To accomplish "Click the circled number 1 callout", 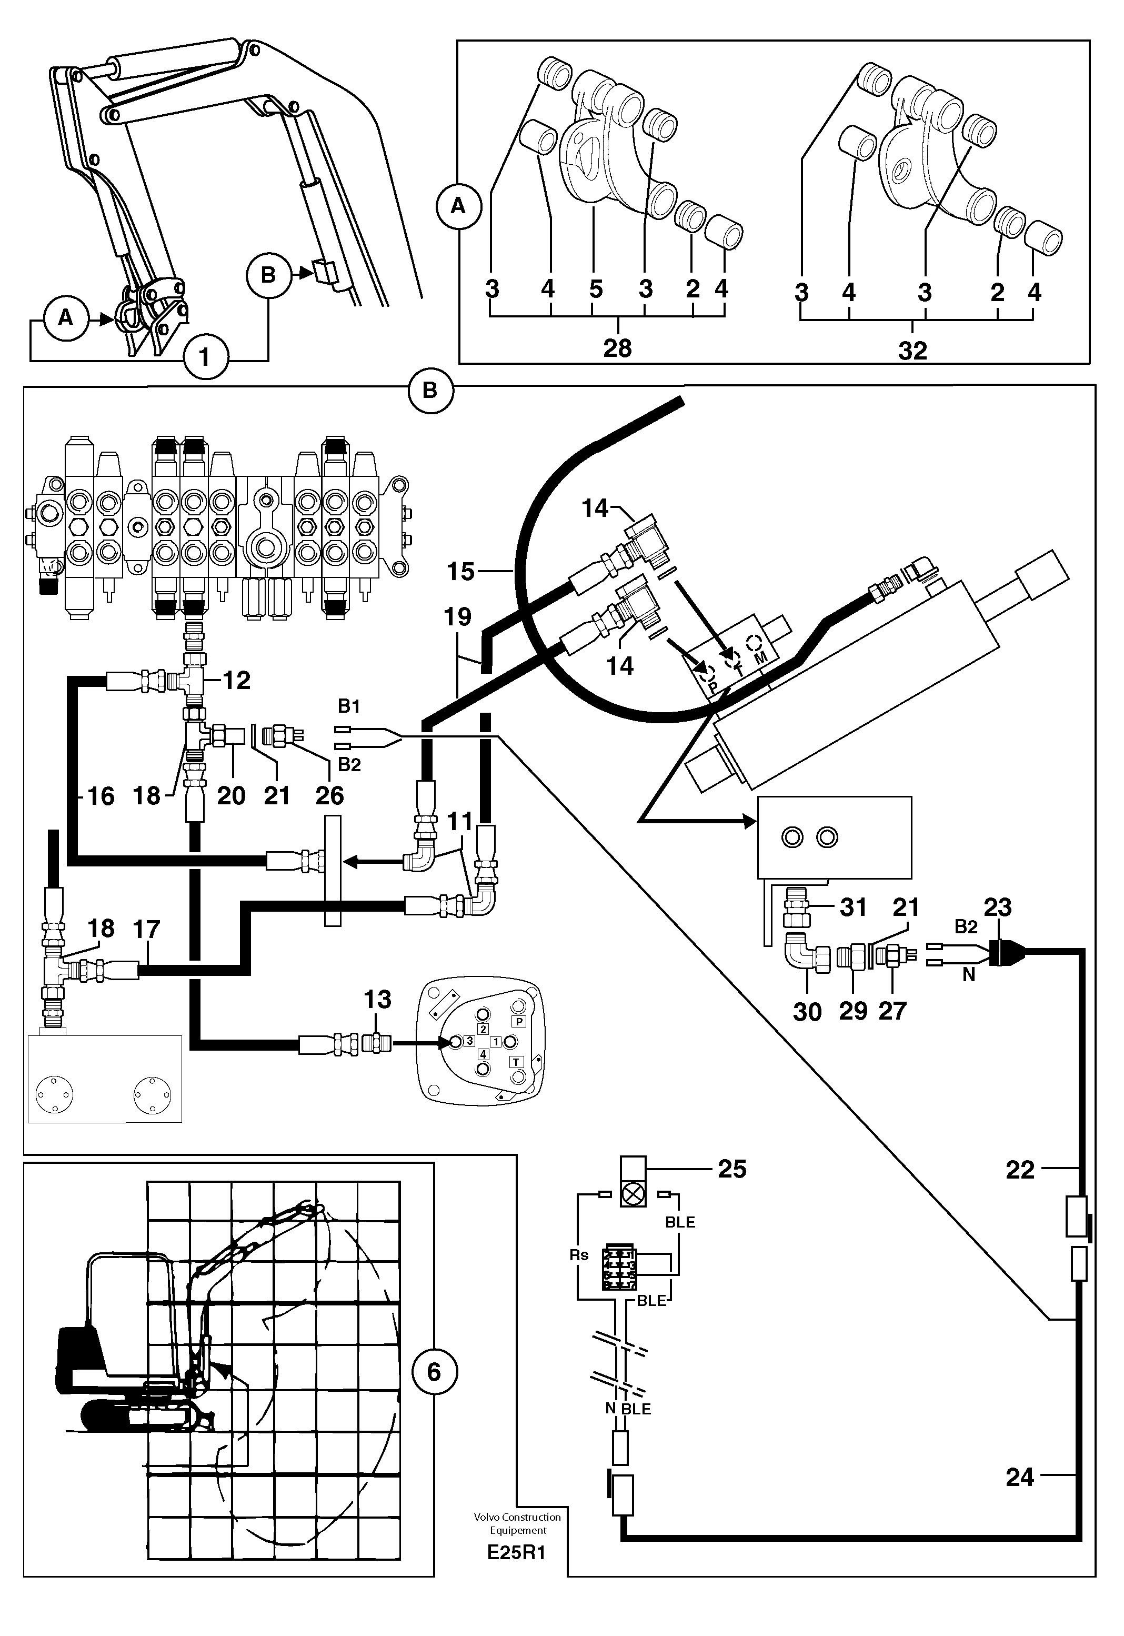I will pos(204,357).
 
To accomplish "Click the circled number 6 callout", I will pos(434,1371).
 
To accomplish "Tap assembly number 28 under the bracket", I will pos(618,348).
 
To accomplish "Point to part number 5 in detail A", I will pos(596,289).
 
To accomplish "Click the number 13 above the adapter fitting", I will pos(377,999).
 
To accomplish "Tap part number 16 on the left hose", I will pos(100,796).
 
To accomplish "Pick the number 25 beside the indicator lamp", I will pos(732,1169).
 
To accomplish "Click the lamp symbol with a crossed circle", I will pos(633,1193).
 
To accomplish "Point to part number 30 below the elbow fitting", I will pos(807,1012).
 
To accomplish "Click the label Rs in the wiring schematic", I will pos(579,1255).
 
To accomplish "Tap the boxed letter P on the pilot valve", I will pos(519,1021).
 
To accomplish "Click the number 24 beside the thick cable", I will pos(1019,1476).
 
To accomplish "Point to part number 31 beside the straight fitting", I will pos(854,907).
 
